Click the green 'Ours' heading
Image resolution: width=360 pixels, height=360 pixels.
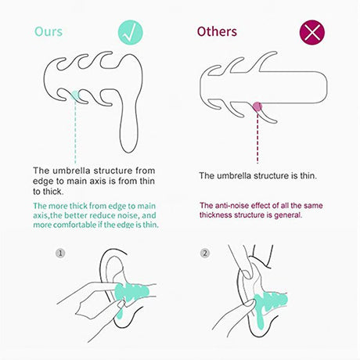pos(49,31)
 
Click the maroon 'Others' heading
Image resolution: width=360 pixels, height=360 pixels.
pos(217,31)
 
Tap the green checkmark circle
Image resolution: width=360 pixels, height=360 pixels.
pos(131,33)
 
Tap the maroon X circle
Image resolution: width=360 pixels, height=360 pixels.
pos(312,33)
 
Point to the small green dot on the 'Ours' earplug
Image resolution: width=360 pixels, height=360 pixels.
pos(75,95)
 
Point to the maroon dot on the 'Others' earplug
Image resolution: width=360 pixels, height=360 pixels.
pos(257,106)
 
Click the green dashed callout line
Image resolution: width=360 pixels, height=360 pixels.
pos(75,131)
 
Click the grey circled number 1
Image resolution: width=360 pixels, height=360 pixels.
pos(60,253)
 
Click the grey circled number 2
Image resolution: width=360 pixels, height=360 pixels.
pos(205,253)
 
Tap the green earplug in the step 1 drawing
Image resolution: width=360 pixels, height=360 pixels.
pos(131,293)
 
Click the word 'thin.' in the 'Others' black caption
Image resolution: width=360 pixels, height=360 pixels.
pos(308,175)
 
